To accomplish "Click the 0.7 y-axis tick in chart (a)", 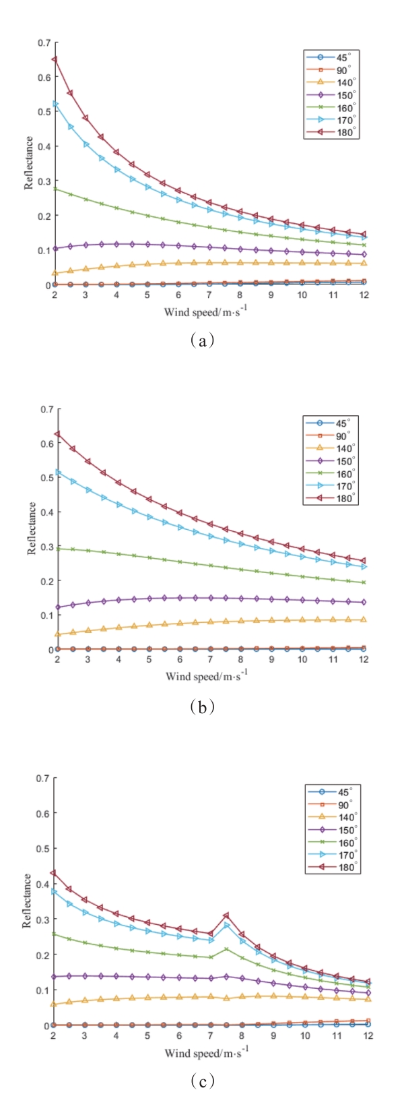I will click(44, 42).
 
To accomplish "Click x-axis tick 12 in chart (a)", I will click(364, 295).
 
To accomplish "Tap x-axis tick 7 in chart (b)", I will click(210, 659).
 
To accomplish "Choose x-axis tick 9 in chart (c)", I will click(273, 1035).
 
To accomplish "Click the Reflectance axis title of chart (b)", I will click(32, 529).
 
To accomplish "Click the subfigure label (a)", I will click(202, 341).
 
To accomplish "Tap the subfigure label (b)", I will click(202, 706).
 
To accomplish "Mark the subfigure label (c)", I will click(202, 1082).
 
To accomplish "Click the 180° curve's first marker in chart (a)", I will click(55, 59).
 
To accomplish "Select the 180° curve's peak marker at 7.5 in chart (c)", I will click(226, 915).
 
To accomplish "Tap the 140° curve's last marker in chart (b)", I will click(364, 619).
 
